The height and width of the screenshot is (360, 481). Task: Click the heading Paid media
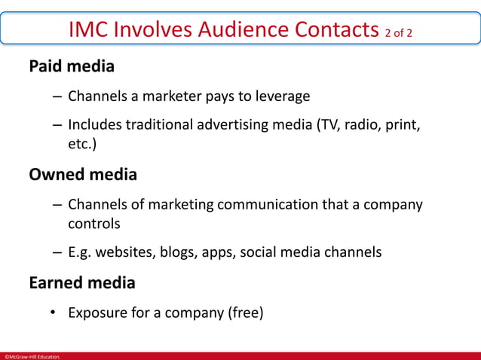(72, 66)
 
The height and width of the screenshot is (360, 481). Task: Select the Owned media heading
(83, 175)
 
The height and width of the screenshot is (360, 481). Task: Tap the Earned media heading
(82, 283)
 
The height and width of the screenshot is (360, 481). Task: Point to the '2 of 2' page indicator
(399, 32)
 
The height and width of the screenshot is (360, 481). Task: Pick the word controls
(94, 224)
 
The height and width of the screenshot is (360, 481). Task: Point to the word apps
(219, 252)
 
